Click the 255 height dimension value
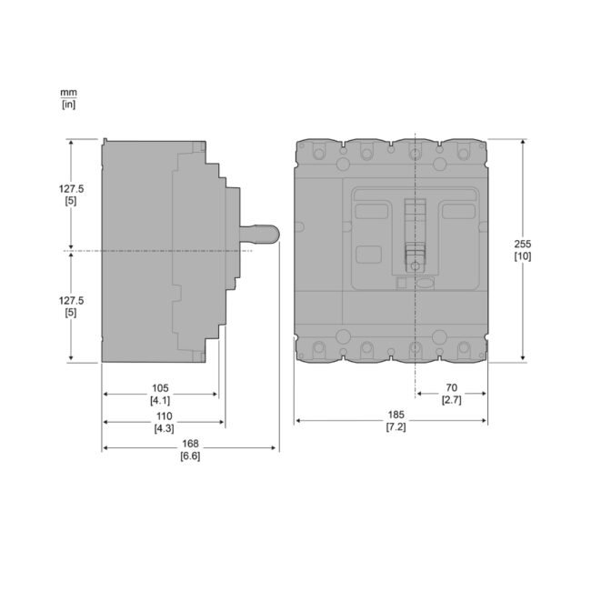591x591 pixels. click(523, 244)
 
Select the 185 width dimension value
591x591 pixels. click(396, 415)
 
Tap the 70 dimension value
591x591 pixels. click(451, 387)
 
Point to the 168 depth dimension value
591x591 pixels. click(190, 444)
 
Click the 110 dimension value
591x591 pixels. click(164, 416)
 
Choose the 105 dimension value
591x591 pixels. click(160, 388)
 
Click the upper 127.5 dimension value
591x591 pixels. click(71, 188)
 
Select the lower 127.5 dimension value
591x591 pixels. click(71, 300)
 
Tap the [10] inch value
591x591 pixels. click(523, 256)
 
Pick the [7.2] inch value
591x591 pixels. click(396, 427)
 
